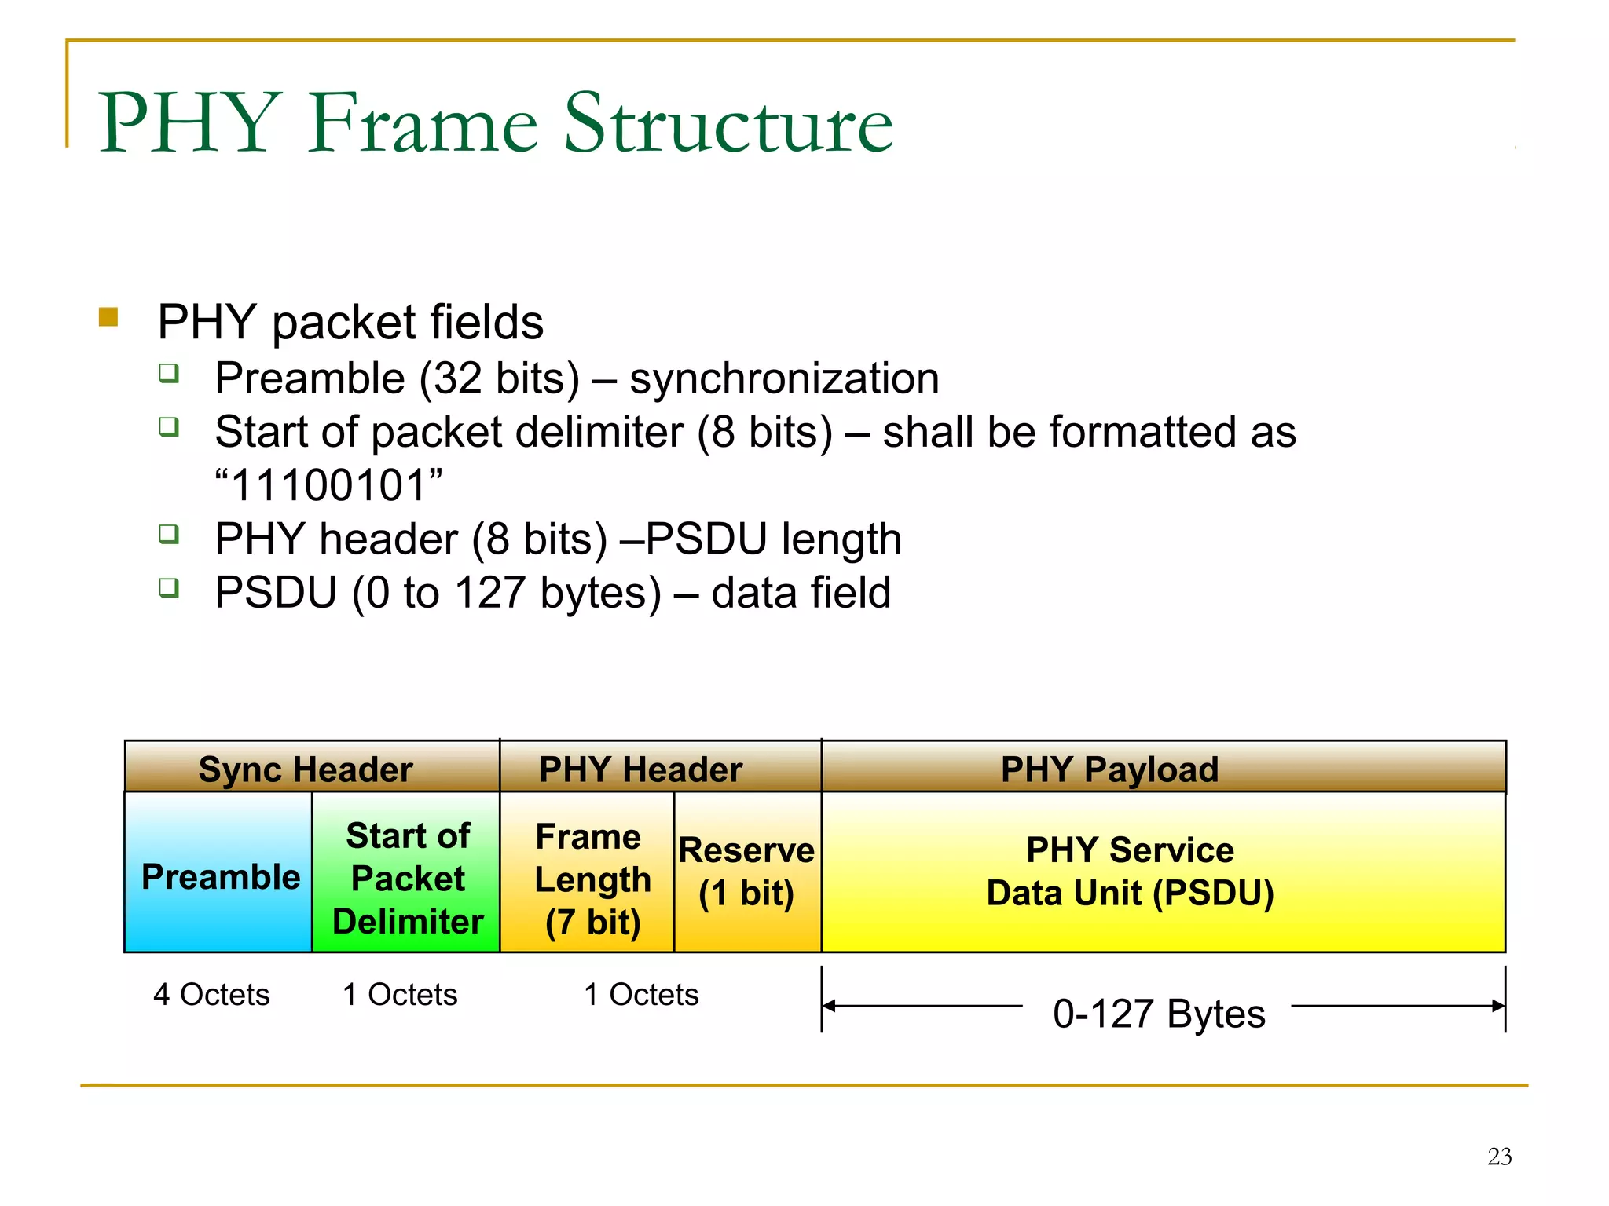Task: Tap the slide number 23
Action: click(1499, 1156)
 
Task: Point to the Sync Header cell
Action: click(306, 769)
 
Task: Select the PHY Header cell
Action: click(640, 769)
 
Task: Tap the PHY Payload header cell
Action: click(1109, 769)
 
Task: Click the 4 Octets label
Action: click(211, 994)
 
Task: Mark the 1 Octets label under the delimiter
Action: click(400, 994)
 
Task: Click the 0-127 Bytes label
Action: click(1158, 1013)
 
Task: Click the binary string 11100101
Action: click(329, 485)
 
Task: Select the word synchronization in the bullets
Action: click(784, 378)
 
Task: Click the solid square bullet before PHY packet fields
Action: click(108, 317)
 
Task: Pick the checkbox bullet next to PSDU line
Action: click(169, 587)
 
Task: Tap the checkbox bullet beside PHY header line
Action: click(169, 535)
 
